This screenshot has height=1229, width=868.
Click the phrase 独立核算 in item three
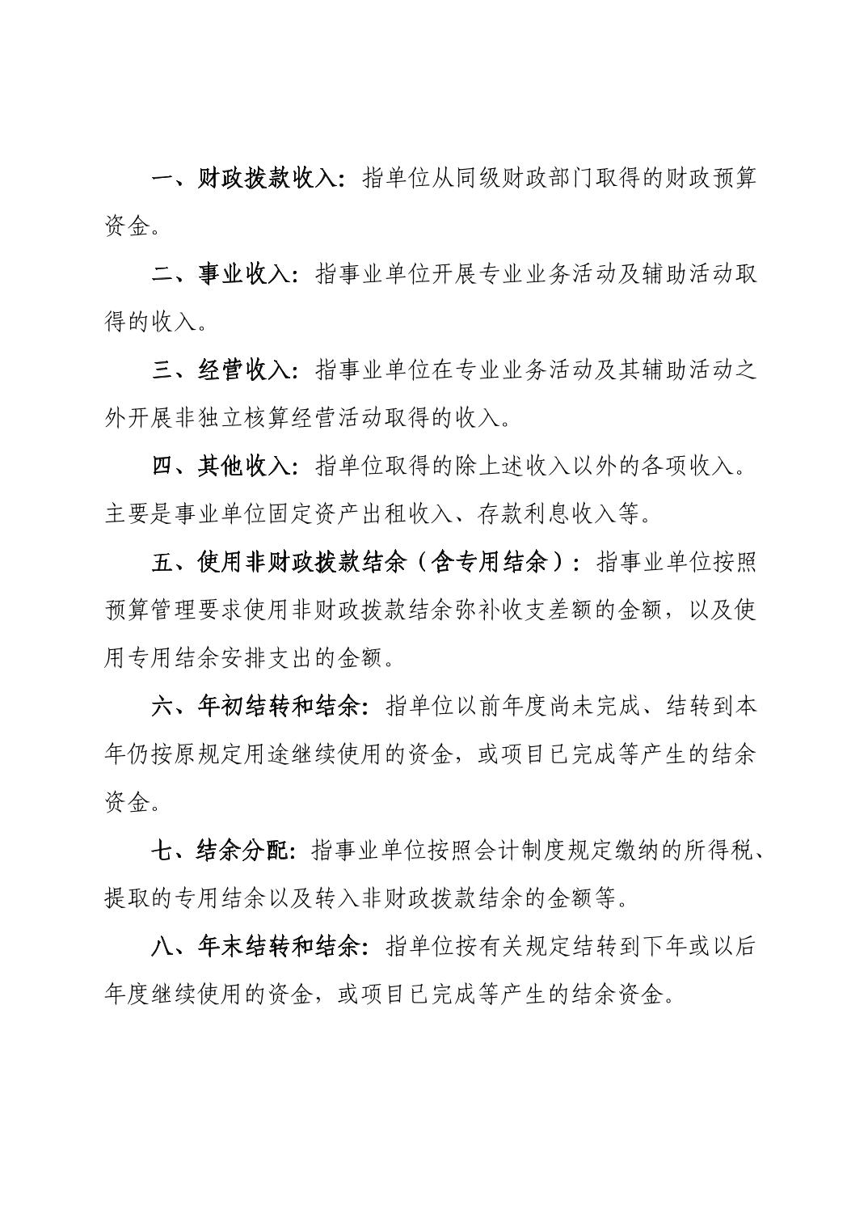[x=279, y=419]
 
